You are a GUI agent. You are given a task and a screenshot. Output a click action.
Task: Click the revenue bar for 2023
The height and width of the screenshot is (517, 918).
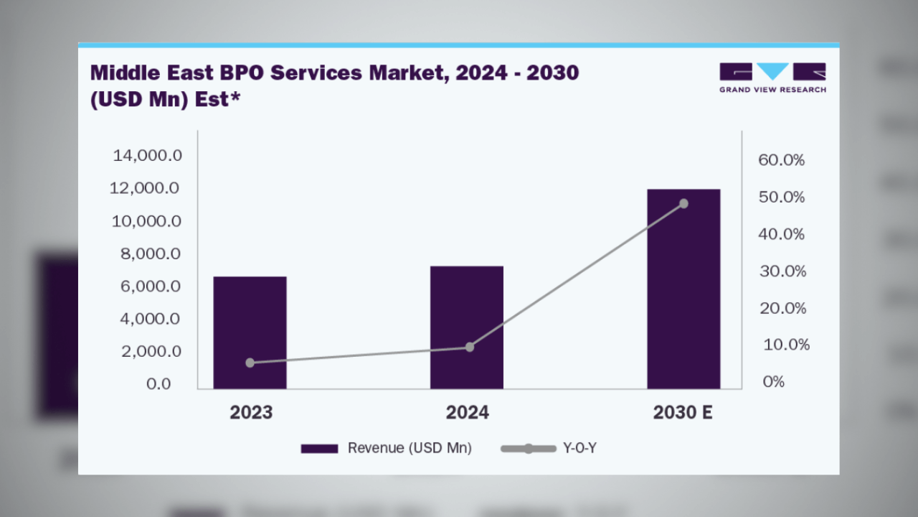click(250, 332)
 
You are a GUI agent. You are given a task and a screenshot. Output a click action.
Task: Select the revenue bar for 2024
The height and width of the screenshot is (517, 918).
click(466, 327)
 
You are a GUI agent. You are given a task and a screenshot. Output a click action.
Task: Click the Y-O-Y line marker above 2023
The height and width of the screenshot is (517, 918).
click(250, 363)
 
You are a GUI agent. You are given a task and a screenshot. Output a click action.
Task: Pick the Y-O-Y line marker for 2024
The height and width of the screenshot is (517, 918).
click(470, 347)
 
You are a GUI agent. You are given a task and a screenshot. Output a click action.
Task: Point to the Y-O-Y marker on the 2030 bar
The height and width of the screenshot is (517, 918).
click(683, 204)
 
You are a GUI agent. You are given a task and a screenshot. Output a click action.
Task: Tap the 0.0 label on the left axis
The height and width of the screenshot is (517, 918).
click(158, 384)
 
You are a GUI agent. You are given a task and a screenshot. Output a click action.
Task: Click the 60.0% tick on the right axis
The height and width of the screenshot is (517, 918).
click(781, 160)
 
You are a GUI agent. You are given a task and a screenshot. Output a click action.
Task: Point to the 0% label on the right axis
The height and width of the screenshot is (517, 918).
click(773, 382)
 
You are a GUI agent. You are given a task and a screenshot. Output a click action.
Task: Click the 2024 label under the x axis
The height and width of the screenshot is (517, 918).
click(467, 413)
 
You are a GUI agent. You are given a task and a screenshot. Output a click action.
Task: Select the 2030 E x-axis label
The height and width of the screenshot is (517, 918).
click(683, 413)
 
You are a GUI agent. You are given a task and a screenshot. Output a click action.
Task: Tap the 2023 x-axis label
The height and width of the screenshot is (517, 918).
click(251, 413)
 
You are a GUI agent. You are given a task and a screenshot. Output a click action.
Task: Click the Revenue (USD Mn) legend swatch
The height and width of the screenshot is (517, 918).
click(319, 449)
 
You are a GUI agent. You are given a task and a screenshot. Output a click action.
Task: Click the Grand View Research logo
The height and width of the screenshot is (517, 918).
click(772, 78)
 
